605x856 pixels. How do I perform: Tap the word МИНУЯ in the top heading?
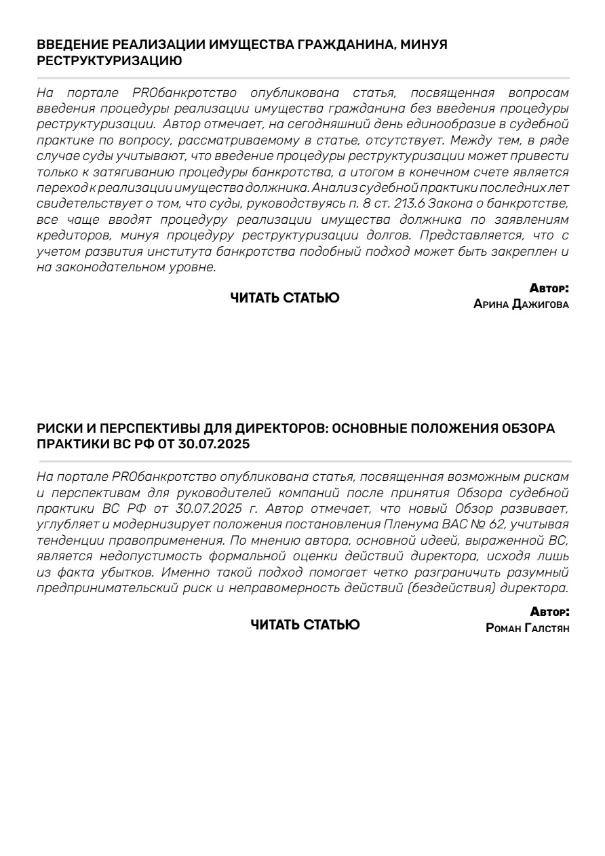[x=424, y=45]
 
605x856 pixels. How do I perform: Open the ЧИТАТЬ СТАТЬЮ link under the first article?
[x=285, y=297]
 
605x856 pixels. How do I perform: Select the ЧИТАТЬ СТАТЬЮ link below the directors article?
[x=305, y=625]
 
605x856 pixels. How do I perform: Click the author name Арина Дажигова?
[x=521, y=305]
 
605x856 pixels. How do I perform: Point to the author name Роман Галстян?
[x=528, y=628]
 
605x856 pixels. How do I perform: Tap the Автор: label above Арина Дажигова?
[x=549, y=288]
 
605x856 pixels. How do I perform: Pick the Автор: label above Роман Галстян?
[x=549, y=612]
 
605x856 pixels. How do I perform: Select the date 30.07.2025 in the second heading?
[x=214, y=445]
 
